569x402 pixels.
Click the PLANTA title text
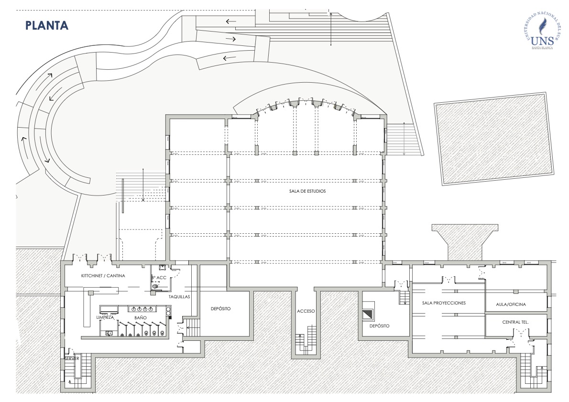point(47,25)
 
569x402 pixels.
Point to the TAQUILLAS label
point(179,296)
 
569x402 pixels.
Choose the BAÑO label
point(140,317)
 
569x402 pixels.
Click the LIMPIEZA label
point(105,317)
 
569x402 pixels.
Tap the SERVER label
point(72,358)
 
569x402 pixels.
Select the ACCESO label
point(306,311)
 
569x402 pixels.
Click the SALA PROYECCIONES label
point(444,303)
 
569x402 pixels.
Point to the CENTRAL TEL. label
point(515,322)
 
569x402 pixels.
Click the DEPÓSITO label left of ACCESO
point(220,309)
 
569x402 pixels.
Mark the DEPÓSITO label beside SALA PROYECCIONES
point(379,326)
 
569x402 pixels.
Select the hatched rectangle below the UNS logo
point(492,138)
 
